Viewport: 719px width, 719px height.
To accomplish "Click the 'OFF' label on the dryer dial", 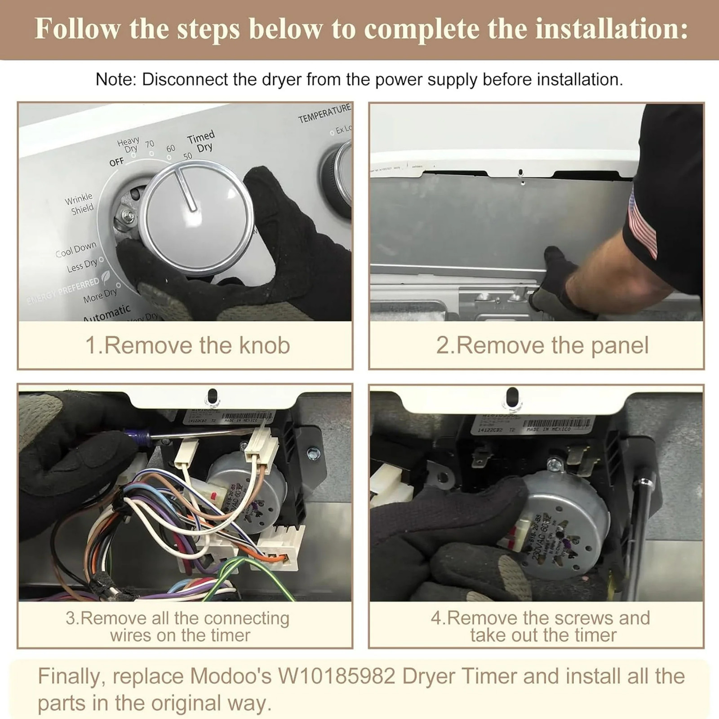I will [116, 162].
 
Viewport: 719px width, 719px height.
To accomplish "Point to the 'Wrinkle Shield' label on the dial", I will [80, 204].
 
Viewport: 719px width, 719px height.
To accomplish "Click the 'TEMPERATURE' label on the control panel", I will [324, 113].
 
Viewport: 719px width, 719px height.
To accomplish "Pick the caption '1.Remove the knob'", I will [187, 345].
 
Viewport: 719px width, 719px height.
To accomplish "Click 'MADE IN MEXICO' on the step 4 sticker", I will [548, 430].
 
